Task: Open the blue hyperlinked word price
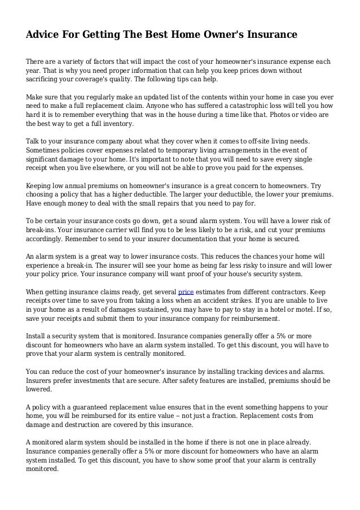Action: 186,291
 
